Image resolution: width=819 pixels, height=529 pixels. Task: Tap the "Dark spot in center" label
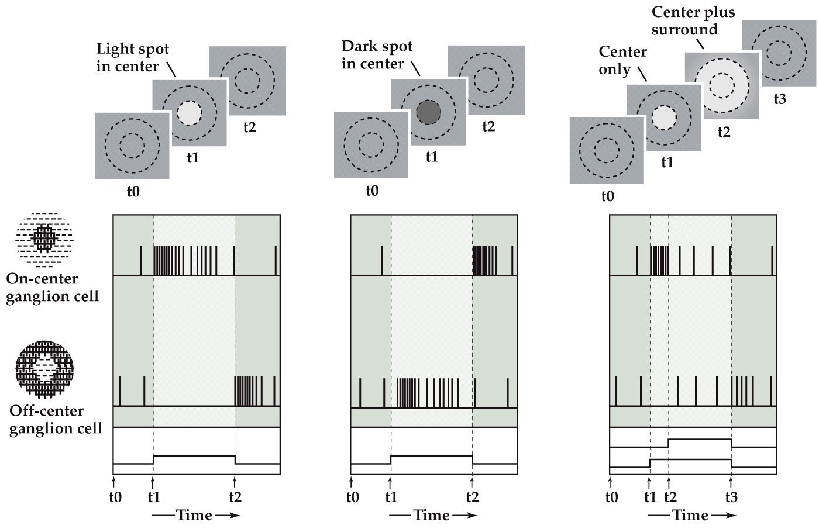coord(377,54)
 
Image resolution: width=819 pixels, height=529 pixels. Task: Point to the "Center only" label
coord(622,60)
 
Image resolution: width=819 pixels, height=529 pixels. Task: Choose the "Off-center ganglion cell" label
coord(55,420)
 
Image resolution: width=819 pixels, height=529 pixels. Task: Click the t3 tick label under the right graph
coord(731,497)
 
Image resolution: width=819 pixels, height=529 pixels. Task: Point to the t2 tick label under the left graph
coord(235,497)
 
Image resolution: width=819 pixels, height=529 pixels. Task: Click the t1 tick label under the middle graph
coord(390,497)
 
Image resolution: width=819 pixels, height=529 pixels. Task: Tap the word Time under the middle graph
coord(432,515)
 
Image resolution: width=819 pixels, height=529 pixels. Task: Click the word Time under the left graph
coord(194,515)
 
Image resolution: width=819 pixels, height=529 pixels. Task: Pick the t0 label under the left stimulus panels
coord(133,191)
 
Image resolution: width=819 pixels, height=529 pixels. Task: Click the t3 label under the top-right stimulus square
coord(780,99)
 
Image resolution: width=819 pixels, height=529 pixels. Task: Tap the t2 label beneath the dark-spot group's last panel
coord(488,126)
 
